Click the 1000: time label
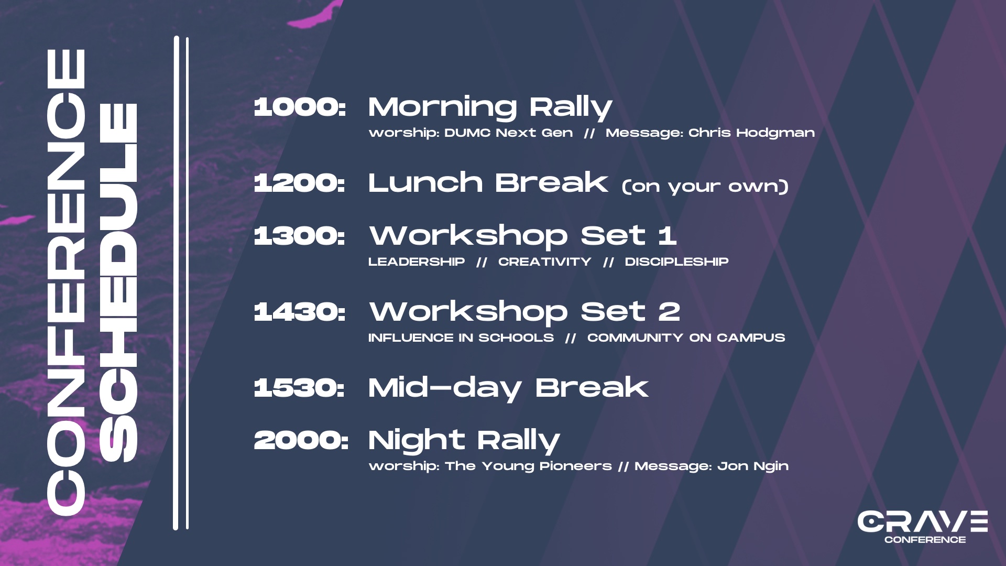pyautogui.click(x=300, y=107)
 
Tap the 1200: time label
pyautogui.click(x=300, y=183)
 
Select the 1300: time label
pyautogui.click(x=300, y=235)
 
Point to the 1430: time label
pyautogui.click(x=300, y=312)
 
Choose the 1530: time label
pyautogui.click(x=299, y=388)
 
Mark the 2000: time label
pyautogui.click(x=301, y=440)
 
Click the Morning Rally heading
pyautogui.click(x=490, y=108)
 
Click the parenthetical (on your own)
pyautogui.click(x=705, y=187)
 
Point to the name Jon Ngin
pyautogui.click(x=753, y=466)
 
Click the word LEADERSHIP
pyautogui.click(x=417, y=262)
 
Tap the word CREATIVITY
pyautogui.click(x=545, y=262)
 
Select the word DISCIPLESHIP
pyautogui.click(x=677, y=262)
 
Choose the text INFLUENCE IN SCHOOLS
pyautogui.click(x=461, y=338)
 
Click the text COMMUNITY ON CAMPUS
pyautogui.click(x=686, y=338)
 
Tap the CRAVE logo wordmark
pyautogui.click(x=923, y=521)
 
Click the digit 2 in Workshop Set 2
pyautogui.click(x=669, y=312)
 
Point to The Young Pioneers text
pyautogui.click(x=529, y=466)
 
